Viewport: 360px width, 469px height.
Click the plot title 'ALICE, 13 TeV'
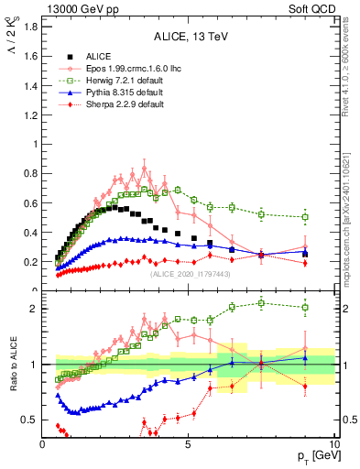(189, 38)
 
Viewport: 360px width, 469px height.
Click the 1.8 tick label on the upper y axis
(29, 27)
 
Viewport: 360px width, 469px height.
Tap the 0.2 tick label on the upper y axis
(29, 262)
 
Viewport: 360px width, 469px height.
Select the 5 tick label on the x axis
(188, 443)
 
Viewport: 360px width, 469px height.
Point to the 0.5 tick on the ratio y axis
(29, 420)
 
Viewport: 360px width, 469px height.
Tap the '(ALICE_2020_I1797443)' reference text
(190, 273)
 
